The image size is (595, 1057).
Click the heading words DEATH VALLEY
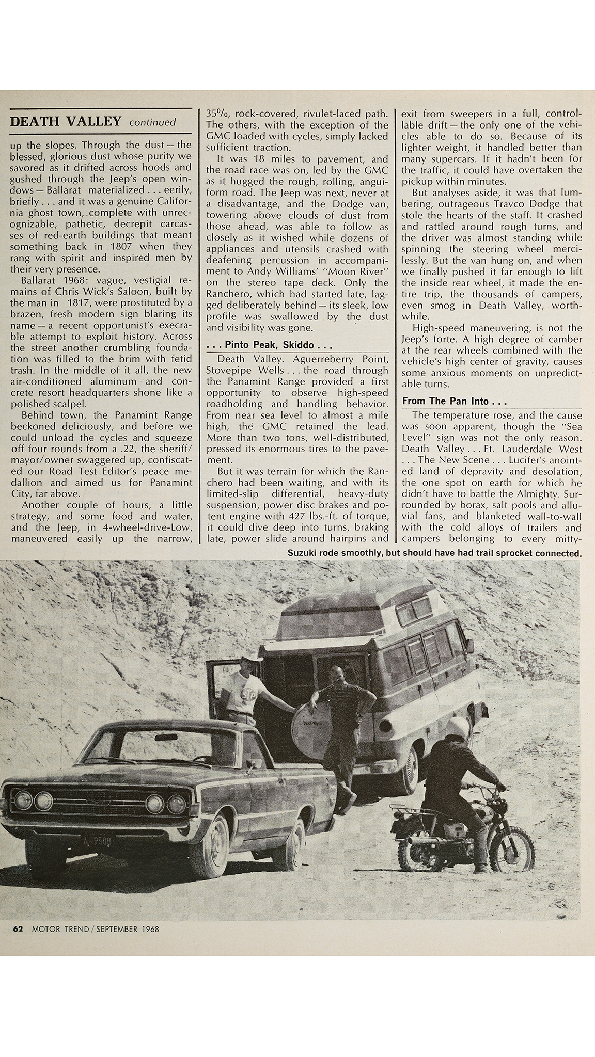[x=66, y=122]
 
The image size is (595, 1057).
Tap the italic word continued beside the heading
[x=152, y=123]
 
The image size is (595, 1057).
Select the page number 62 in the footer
[x=18, y=928]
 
